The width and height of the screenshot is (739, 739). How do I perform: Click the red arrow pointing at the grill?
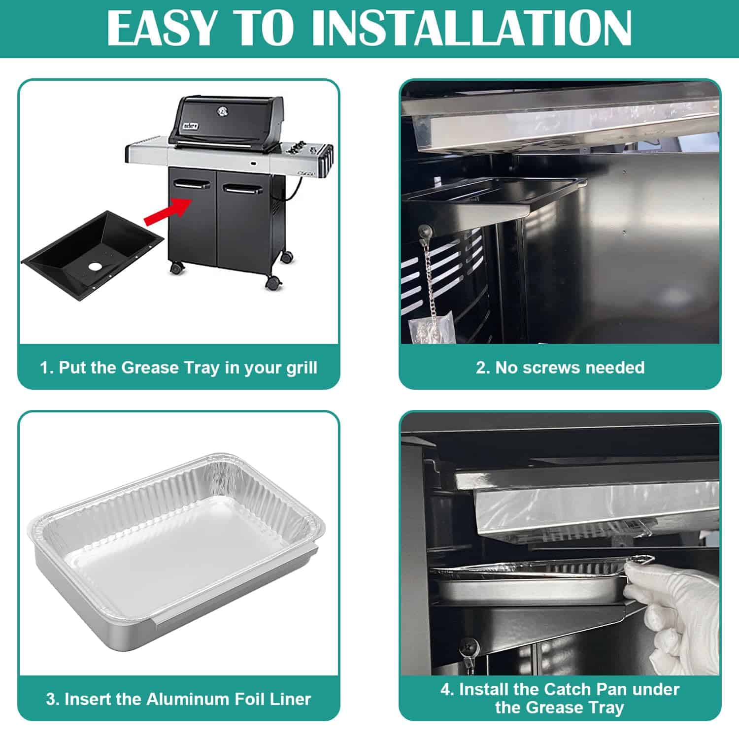[168, 211]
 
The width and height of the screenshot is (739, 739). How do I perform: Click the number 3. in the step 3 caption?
[53, 699]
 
